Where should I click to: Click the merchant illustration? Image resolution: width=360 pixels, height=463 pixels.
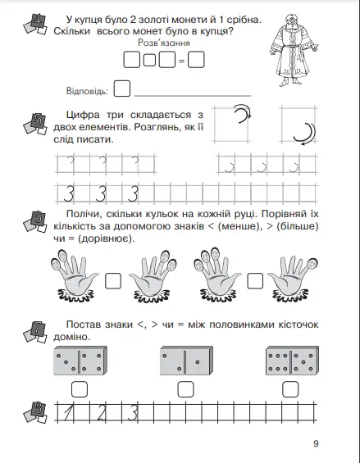[x=294, y=50]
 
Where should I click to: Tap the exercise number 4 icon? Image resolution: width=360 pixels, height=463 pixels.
[x=35, y=25]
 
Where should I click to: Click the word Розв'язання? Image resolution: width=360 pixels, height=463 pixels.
[x=164, y=43]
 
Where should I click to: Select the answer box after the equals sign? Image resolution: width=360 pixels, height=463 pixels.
[x=196, y=60]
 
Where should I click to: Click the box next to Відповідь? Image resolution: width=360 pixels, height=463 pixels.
[x=122, y=89]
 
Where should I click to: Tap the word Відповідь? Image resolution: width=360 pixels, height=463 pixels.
[x=87, y=91]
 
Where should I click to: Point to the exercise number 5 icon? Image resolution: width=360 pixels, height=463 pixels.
[x=35, y=124]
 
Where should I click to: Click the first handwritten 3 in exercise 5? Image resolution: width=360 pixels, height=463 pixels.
[x=69, y=193]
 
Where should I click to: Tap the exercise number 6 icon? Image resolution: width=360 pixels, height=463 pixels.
[x=35, y=221]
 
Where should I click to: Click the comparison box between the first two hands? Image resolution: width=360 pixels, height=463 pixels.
[x=113, y=281]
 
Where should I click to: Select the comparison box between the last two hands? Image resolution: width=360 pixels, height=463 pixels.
[x=255, y=281]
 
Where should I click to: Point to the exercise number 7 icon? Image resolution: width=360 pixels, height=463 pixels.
[x=35, y=332]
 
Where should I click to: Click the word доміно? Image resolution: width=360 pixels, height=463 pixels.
[x=71, y=337]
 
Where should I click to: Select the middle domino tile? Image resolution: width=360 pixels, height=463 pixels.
[x=186, y=361]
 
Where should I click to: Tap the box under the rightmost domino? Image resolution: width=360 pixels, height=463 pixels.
[x=290, y=389]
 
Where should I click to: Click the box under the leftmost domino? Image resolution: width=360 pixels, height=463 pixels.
[x=80, y=389]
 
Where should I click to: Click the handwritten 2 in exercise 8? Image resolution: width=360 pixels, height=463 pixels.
[x=102, y=412]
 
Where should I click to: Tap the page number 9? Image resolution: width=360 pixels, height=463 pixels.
[x=316, y=443]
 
